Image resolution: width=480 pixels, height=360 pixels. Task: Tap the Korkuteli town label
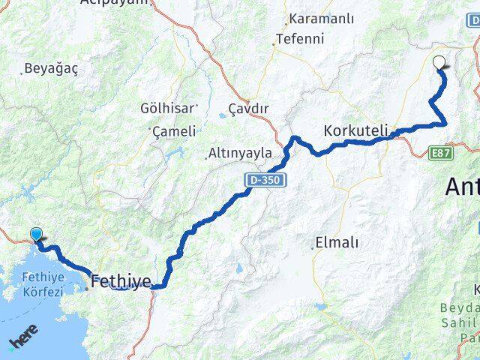(355, 130)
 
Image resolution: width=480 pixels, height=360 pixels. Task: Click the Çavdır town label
(247, 108)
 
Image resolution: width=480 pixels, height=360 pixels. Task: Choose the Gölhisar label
(167, 108)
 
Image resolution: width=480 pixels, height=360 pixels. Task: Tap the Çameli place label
(175, 131)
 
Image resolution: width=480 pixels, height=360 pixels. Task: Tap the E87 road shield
(442, 152)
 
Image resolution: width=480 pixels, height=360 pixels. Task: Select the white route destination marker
(439, 63)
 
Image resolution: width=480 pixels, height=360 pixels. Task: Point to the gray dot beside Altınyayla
(207, 157)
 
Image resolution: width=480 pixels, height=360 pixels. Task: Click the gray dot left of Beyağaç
(21, 73)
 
